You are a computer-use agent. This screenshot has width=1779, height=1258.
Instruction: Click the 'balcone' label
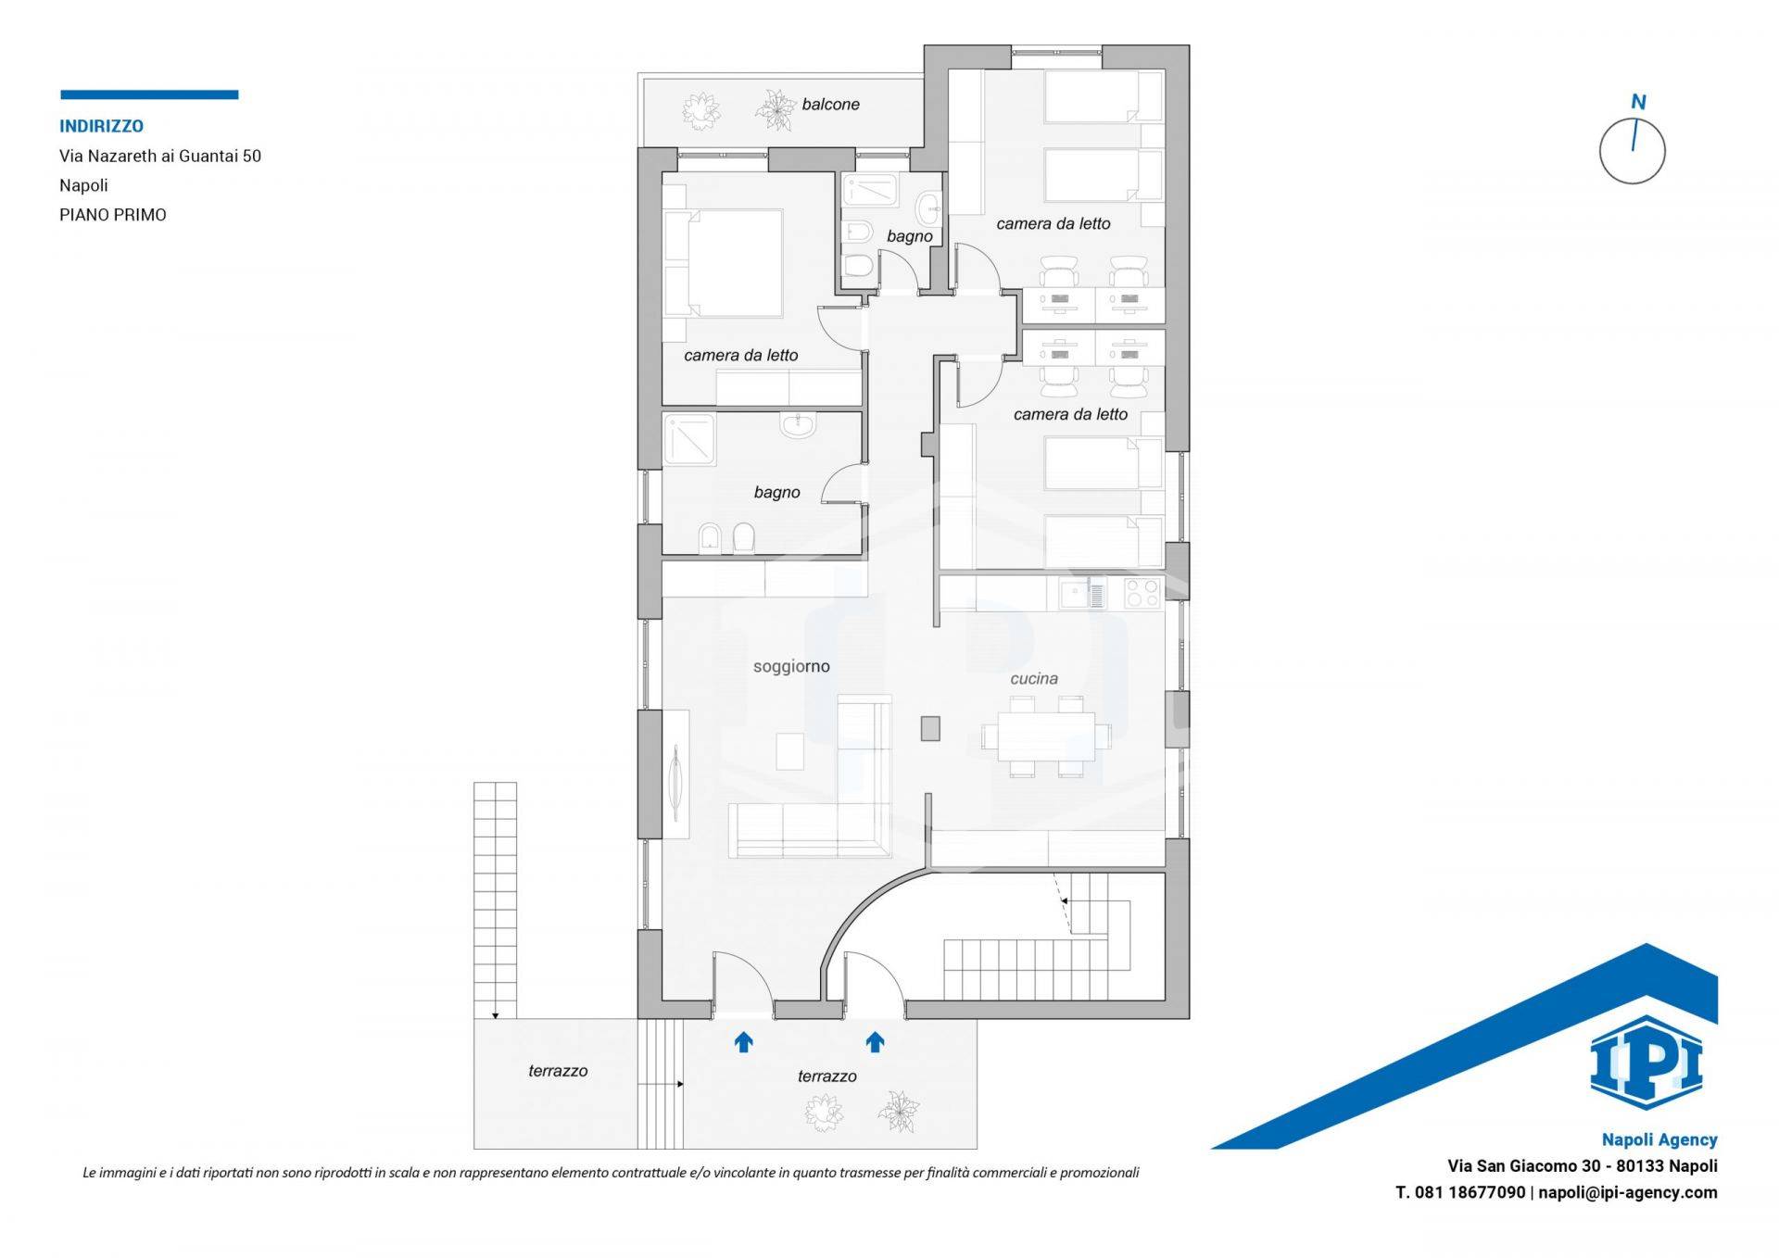pos(830,105)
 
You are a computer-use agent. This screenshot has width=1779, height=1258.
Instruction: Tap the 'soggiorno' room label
pos(791,667)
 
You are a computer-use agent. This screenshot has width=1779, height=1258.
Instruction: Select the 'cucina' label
pos(1034,679)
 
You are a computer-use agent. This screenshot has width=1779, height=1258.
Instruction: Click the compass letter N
pos(1638,102)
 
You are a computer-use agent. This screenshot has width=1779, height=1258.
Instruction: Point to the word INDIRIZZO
pos(101,126)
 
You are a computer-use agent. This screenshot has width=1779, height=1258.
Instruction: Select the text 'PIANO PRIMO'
pos(113,215)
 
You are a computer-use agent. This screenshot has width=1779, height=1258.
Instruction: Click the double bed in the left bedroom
pos(724,264)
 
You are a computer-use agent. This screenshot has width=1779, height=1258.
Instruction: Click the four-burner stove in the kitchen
pos(1142,593)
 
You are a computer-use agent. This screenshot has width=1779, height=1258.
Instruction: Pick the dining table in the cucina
pos(1046,736)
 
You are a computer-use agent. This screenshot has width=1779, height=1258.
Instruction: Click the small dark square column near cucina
pos(930,728)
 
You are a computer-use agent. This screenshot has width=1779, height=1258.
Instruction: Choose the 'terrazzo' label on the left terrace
pos(558,1071)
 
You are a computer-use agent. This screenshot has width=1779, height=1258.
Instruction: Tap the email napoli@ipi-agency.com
pos(1628,1193)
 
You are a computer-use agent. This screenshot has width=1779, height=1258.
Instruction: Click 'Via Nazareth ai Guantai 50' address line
pos(160,156)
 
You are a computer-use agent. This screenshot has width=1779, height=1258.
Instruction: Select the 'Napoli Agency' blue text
pos(1659,1140)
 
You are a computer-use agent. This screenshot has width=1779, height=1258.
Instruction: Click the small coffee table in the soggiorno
pos(790,751)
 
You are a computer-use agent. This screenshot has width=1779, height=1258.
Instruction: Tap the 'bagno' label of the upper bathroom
pos(909,236)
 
